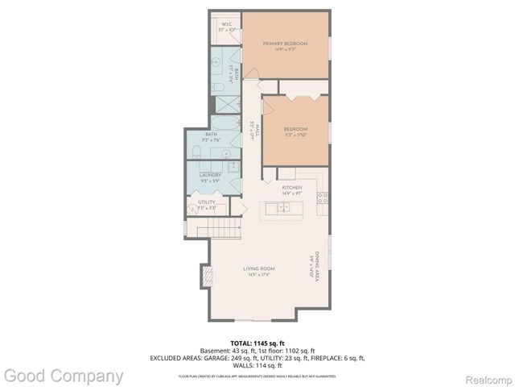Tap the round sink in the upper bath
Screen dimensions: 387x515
[217, 61]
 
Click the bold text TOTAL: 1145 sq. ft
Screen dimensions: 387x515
[257, 343]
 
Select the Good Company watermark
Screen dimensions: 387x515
[63, 376]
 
